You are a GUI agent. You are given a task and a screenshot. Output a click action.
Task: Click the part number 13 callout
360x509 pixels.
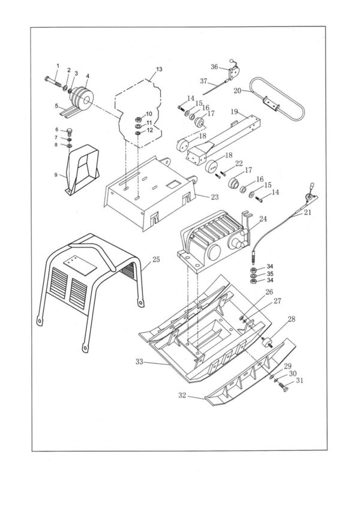pyautogui.click(x=158, y=70)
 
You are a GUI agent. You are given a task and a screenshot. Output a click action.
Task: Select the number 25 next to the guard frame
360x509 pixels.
pyautogui.click(x=155, y=260)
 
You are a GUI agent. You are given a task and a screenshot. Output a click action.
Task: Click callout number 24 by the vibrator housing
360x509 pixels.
pyautogui.click(x=262, y=219)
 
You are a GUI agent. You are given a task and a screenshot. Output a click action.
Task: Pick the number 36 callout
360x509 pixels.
pyautogui.click(x=214, y=67)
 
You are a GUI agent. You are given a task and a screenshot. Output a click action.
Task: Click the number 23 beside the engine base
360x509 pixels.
pyautogui.click(x=214, y=195)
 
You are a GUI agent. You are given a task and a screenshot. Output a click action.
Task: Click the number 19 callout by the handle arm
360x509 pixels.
pyautogui.click(x=234, y=111)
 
